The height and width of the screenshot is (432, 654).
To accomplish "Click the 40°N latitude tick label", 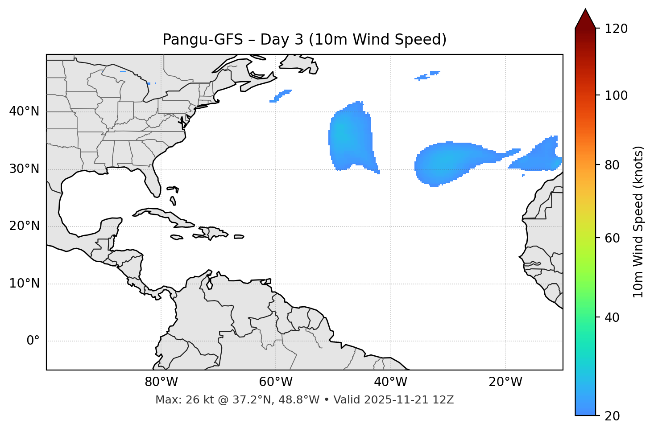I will point(24,111).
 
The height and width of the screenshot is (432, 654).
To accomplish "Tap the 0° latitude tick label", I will point(33,341).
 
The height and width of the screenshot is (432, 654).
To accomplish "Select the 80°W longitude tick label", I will point(161,382).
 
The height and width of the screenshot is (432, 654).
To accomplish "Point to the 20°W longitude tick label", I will point(505,382).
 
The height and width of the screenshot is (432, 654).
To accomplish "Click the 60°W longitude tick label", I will point(276,382).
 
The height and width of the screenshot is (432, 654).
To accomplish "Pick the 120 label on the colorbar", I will point(616,29).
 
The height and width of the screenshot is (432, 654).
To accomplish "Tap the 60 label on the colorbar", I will point(613,238).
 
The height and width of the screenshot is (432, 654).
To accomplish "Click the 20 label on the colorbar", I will point(613,416).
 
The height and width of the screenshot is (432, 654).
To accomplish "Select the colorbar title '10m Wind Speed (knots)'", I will point(638,222).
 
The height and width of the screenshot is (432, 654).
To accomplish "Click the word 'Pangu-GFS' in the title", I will point(203,40).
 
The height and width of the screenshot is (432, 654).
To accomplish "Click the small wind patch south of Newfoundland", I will point(281,95).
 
